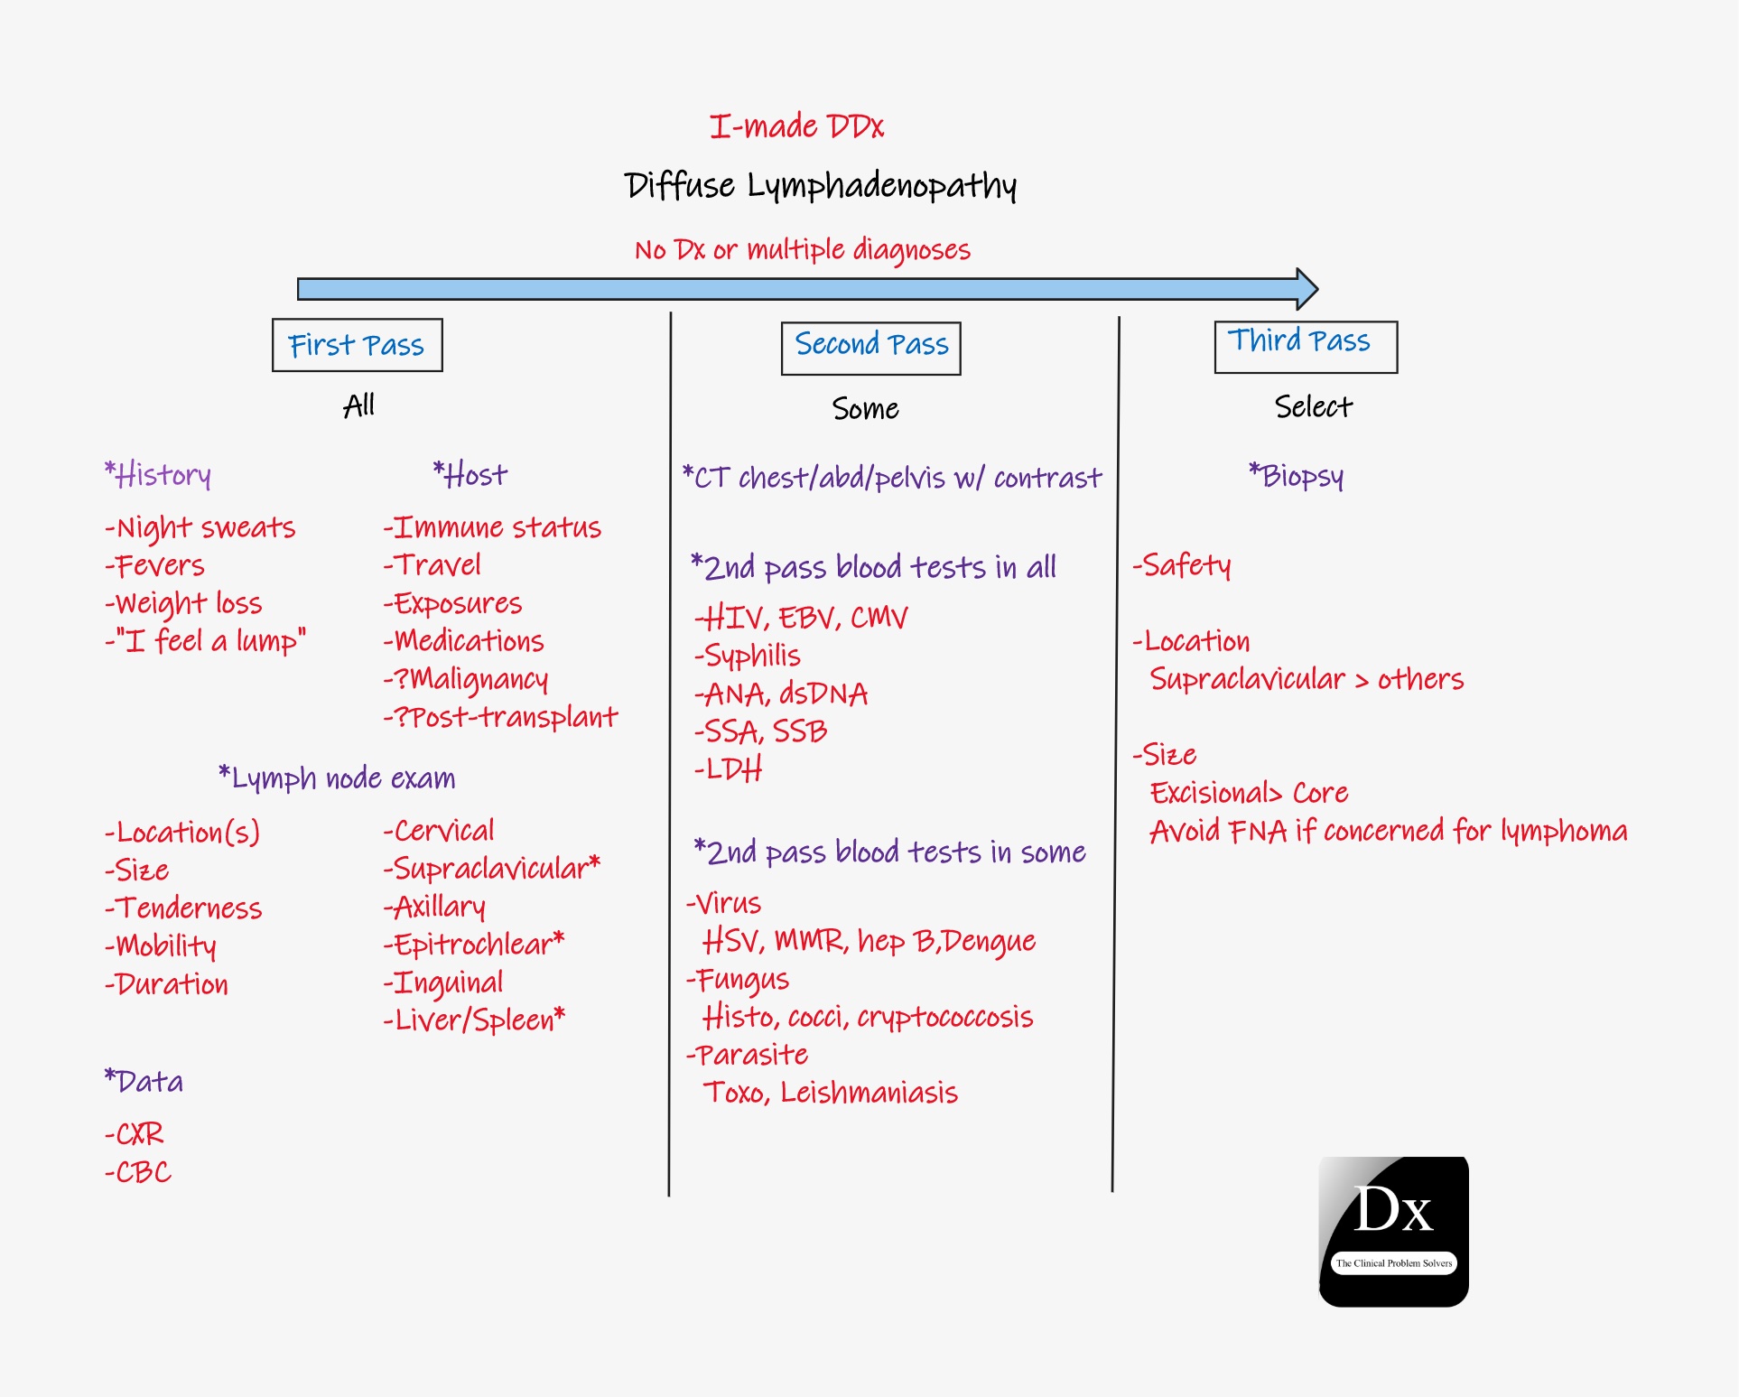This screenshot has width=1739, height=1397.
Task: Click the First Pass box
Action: pos(357,345)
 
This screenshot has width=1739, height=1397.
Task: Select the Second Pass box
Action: pos(870,348)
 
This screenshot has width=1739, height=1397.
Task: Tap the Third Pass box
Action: pos(1305,346)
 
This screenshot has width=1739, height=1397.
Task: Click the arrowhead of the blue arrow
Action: pos(1307,289)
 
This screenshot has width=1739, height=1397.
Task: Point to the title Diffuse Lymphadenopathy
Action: pos(820,186)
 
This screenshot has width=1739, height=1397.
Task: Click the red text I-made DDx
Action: pos(796,126)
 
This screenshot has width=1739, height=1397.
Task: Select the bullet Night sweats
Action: pos(200,527)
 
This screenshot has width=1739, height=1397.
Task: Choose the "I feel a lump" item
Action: pos(206,641)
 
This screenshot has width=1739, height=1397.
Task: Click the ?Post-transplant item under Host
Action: pos(500,717)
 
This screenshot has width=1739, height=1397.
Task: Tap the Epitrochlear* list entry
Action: pos(474,945)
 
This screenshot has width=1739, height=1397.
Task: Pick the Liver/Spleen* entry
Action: pos(474,1020)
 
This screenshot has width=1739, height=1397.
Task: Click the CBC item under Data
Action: pos(138,1172)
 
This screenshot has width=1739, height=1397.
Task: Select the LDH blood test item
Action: pos(729,769)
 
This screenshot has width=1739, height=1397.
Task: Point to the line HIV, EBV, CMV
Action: pos(801,619)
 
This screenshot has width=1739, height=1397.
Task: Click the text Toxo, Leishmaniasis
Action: pos(830,1094)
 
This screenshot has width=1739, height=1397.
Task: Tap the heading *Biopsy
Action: pos(1296,476)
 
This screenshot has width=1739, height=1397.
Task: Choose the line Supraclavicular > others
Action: pos(1306,679)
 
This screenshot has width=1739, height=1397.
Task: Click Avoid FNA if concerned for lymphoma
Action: pos(1388,831)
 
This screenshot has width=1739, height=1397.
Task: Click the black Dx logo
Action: pos(1393,1231)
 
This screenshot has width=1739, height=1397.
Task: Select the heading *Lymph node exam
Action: pos(337,778)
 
